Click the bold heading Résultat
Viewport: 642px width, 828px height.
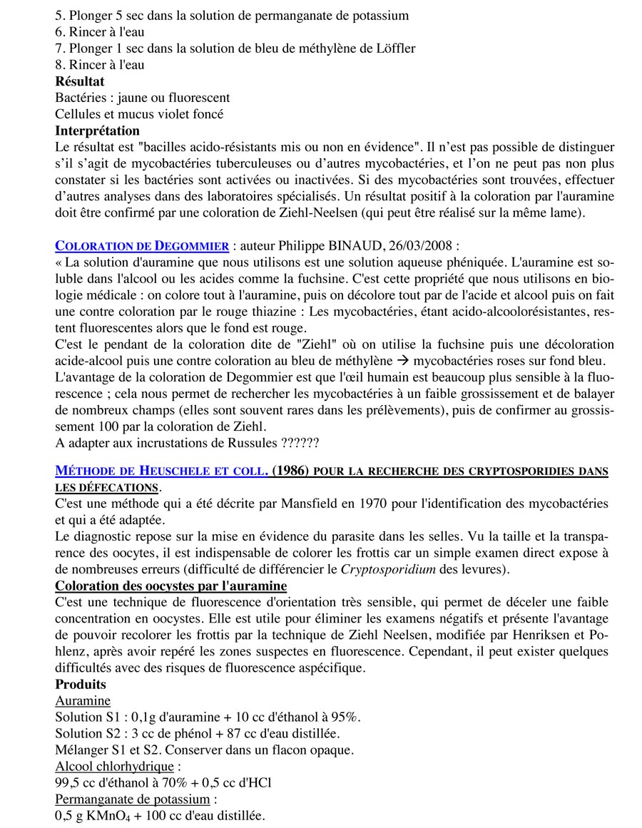(79, 81)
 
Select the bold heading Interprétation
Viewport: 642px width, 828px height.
(97, 131)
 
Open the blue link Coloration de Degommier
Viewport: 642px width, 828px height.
(142, 246)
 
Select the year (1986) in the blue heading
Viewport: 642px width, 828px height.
(291, 471)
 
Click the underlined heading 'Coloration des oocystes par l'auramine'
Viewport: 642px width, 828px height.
(170, 586)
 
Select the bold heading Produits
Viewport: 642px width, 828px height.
(81, 684)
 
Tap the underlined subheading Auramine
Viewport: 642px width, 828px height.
(83, 700)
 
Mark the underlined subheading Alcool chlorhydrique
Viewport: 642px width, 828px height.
(113, 766)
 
